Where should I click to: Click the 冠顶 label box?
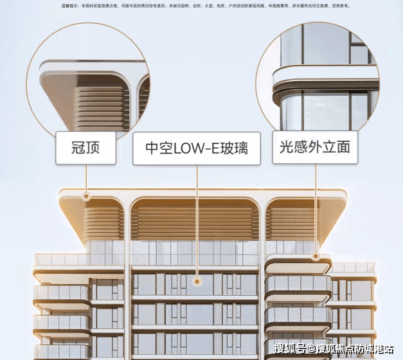(x=85, y=148)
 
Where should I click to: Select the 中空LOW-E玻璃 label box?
(x=196, y=149)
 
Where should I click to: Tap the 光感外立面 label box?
(x=315, y=147)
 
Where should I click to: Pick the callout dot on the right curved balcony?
(x=315, y=256)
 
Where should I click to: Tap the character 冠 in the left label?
(x=76, y=148)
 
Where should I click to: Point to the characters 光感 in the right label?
(x=293, y=147)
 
